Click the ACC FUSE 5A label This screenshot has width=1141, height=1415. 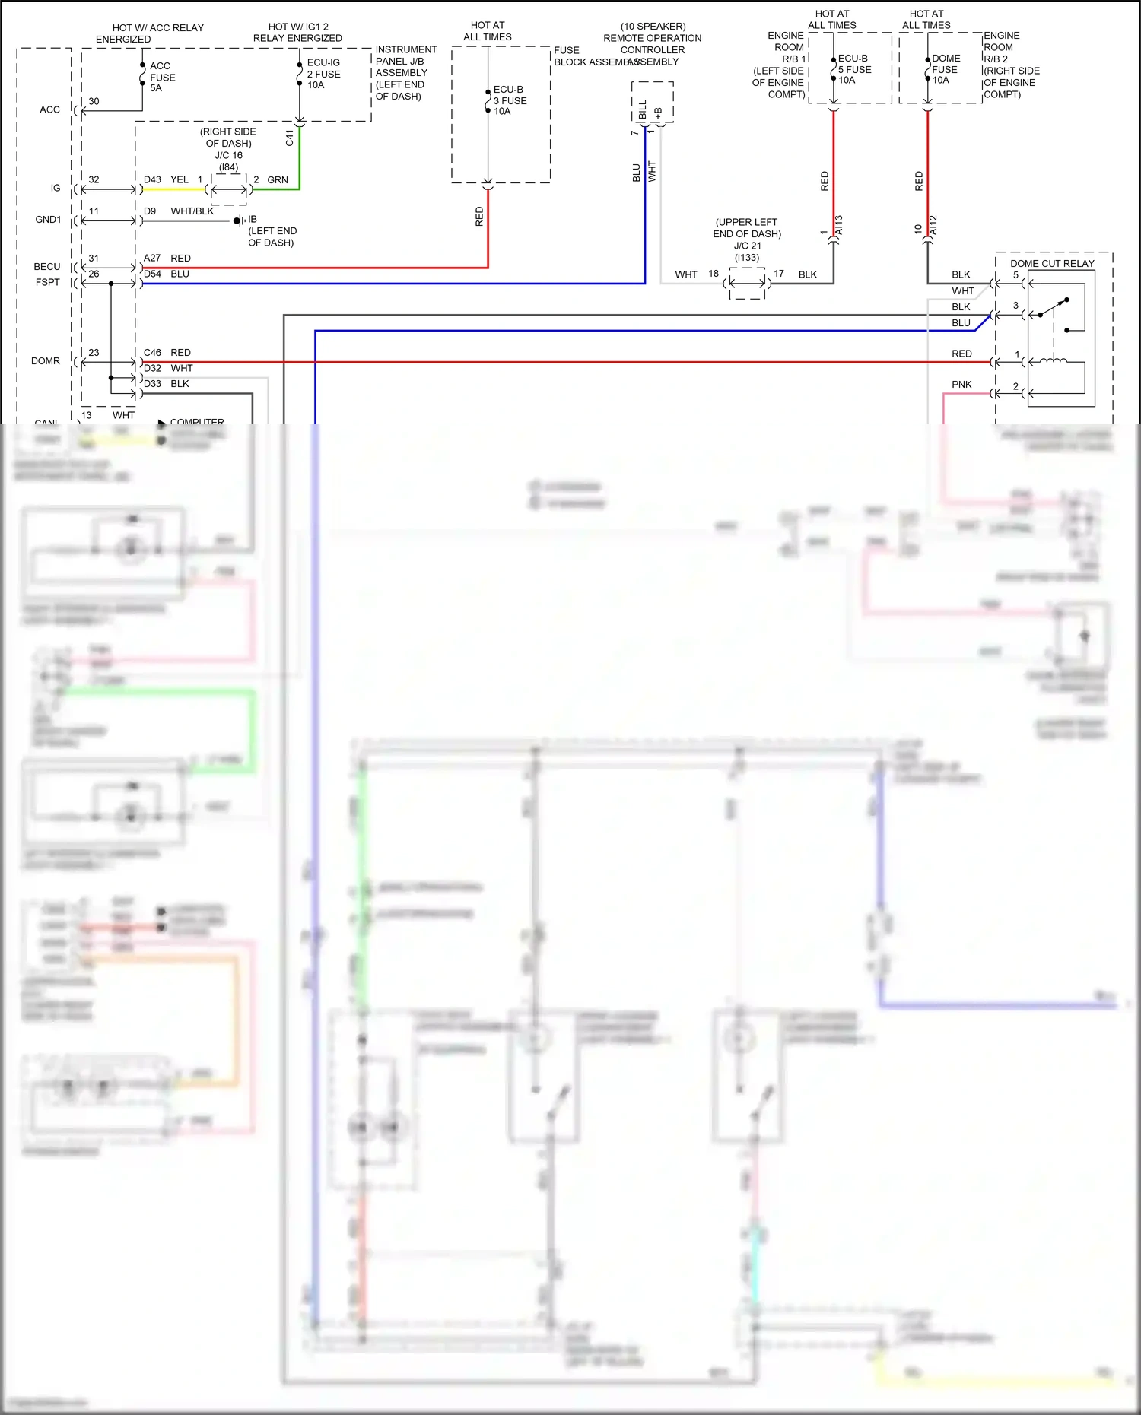(162, 77)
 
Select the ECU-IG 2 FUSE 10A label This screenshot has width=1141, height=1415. (323, 74)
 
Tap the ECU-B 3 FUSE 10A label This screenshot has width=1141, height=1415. (510, 100)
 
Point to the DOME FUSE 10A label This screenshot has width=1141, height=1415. (946, 69)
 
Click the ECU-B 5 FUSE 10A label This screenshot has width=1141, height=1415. (853, 69)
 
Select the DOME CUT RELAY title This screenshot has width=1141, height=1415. (1051, 263)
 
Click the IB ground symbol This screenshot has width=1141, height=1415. (239, 221)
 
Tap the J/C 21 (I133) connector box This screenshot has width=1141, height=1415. (747, 283)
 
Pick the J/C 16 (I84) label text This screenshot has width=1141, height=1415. (228, 160)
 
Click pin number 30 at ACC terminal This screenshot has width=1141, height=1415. (94, 101)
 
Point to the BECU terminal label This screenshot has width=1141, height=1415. (47, 266)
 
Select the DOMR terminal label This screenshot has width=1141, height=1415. (46, 361)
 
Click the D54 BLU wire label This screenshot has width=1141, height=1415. (167, 274)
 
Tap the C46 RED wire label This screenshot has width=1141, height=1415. (167, 353)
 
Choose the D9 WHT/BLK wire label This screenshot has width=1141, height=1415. (179, 211)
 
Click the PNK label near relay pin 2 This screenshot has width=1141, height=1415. (961, 385)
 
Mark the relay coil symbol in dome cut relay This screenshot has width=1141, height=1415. (1053, 361)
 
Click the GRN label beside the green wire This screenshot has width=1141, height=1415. (278, 180)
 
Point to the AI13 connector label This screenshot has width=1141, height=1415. (839, 225)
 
